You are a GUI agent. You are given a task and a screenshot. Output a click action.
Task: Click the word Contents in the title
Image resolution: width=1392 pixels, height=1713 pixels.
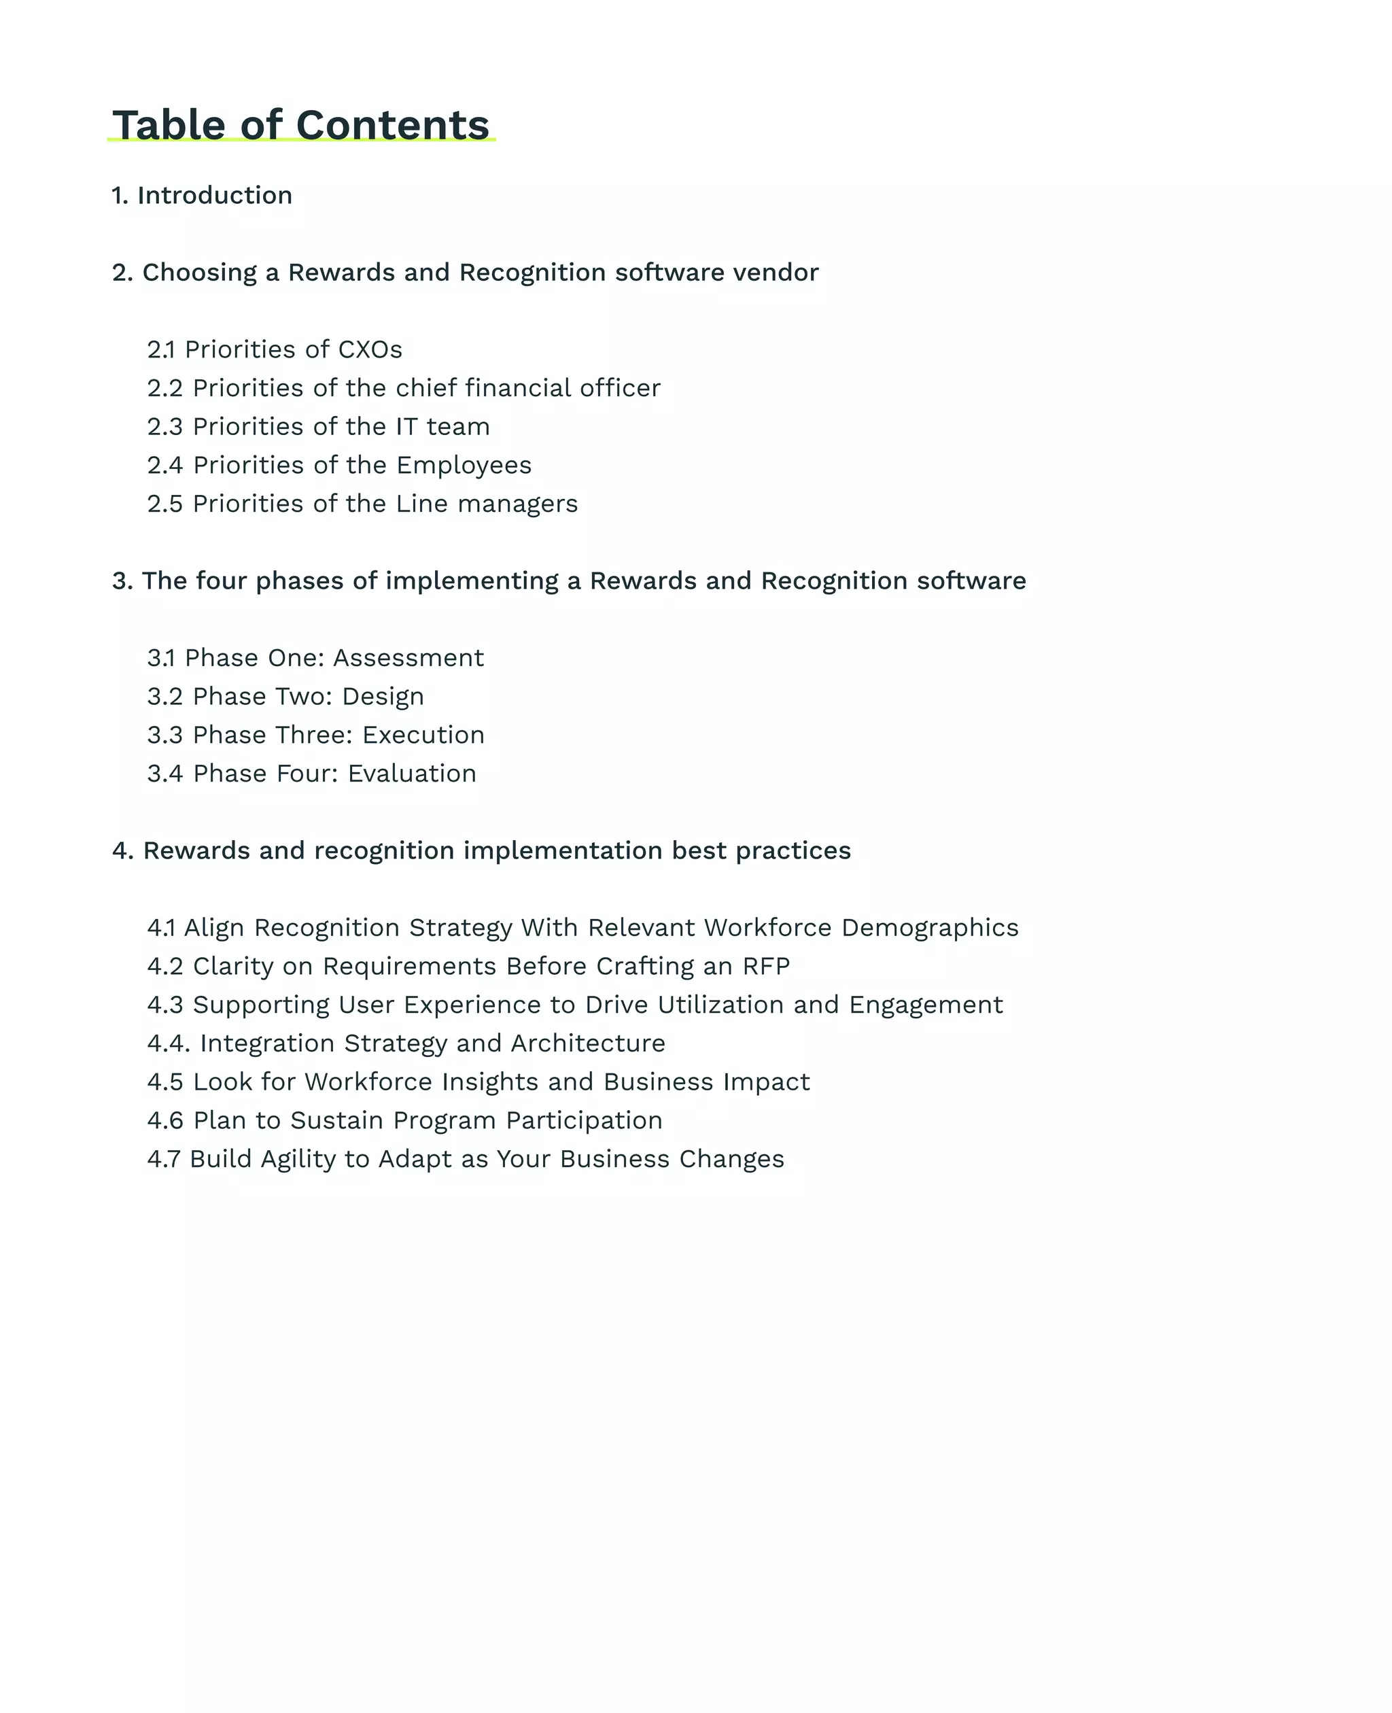(x=392, y=125)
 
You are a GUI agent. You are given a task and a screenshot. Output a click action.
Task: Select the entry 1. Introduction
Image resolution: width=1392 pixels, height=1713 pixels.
(x=202, y=195)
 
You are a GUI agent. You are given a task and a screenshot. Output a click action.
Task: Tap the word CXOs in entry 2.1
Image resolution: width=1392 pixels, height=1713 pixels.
(x=370, y=349)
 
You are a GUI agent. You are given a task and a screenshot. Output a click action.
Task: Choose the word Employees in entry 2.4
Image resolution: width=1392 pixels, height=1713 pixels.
(x=464, y=465)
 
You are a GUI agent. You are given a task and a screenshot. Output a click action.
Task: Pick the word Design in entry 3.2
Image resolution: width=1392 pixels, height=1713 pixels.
(x=383, y=696)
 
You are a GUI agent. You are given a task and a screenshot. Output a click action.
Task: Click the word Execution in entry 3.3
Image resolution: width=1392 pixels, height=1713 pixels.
(x=423, y=735)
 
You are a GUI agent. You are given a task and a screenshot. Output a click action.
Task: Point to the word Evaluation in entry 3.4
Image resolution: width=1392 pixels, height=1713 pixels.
(x=412, y=773)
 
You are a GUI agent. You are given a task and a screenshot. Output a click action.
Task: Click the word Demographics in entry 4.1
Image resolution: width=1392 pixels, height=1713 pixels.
(x=929, y=927)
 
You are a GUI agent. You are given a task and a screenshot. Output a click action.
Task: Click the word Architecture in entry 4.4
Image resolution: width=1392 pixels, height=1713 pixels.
(x=588, y=1043)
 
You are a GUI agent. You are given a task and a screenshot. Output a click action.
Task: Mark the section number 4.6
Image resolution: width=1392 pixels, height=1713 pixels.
(x=165, y=1120)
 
